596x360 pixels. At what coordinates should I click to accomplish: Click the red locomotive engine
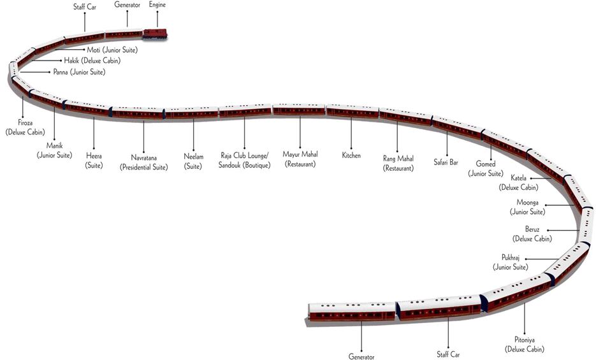155,32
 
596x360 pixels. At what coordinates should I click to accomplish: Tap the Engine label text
157,4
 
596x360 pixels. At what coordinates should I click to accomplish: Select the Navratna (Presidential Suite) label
143,162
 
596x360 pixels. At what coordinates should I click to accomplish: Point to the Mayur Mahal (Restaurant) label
300,159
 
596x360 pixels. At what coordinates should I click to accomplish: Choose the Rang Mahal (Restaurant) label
398,162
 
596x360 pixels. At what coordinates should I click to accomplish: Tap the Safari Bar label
446,162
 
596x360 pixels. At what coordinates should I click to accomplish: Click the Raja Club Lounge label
244,159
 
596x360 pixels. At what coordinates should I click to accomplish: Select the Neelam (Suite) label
193,161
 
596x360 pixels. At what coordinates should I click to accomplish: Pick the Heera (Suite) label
94,161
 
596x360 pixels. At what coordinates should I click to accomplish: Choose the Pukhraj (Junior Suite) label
511,263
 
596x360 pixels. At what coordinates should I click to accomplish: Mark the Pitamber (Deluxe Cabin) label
525,344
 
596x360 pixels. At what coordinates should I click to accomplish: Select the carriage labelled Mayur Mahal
299,111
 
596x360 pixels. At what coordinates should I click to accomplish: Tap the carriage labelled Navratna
138,113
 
